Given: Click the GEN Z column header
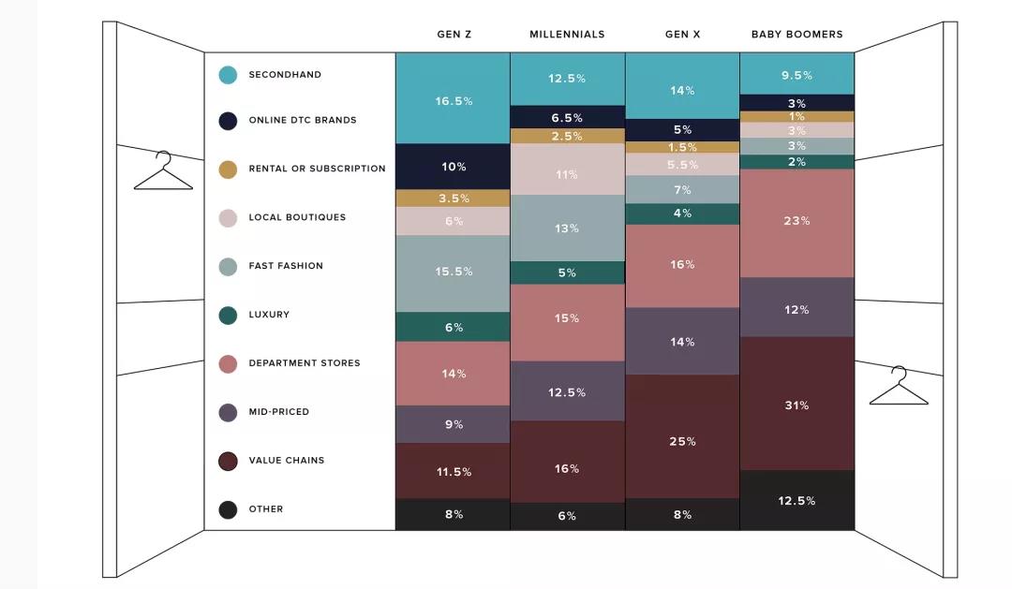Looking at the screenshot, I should click(454, 35).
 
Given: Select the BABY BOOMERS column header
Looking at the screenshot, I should click(796, 35).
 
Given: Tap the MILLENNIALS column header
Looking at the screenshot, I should click(567, 35).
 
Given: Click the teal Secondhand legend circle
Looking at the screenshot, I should click(228, 75).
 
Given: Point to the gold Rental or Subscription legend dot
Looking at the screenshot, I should click(228, 169).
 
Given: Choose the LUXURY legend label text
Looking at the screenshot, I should click(269, 315).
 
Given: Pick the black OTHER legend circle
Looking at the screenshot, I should click(228, 509).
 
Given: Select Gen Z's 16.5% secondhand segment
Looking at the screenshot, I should click(454, 100).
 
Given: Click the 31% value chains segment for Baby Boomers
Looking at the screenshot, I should click(796, 405).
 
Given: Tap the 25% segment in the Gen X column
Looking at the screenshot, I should click(682, 440).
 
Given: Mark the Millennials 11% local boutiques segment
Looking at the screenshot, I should click(567, 173).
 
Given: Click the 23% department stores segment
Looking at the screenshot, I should click(796, 221).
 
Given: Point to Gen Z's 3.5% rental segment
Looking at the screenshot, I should click(454, 199).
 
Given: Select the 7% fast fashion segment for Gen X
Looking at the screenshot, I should click(682, 190).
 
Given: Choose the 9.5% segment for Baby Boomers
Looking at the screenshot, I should click(796, 75).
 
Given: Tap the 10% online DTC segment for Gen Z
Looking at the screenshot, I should click(454, 167).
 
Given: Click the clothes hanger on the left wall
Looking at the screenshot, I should click(163, 172).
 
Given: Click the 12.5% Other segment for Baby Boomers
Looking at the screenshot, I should click(796, 500).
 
